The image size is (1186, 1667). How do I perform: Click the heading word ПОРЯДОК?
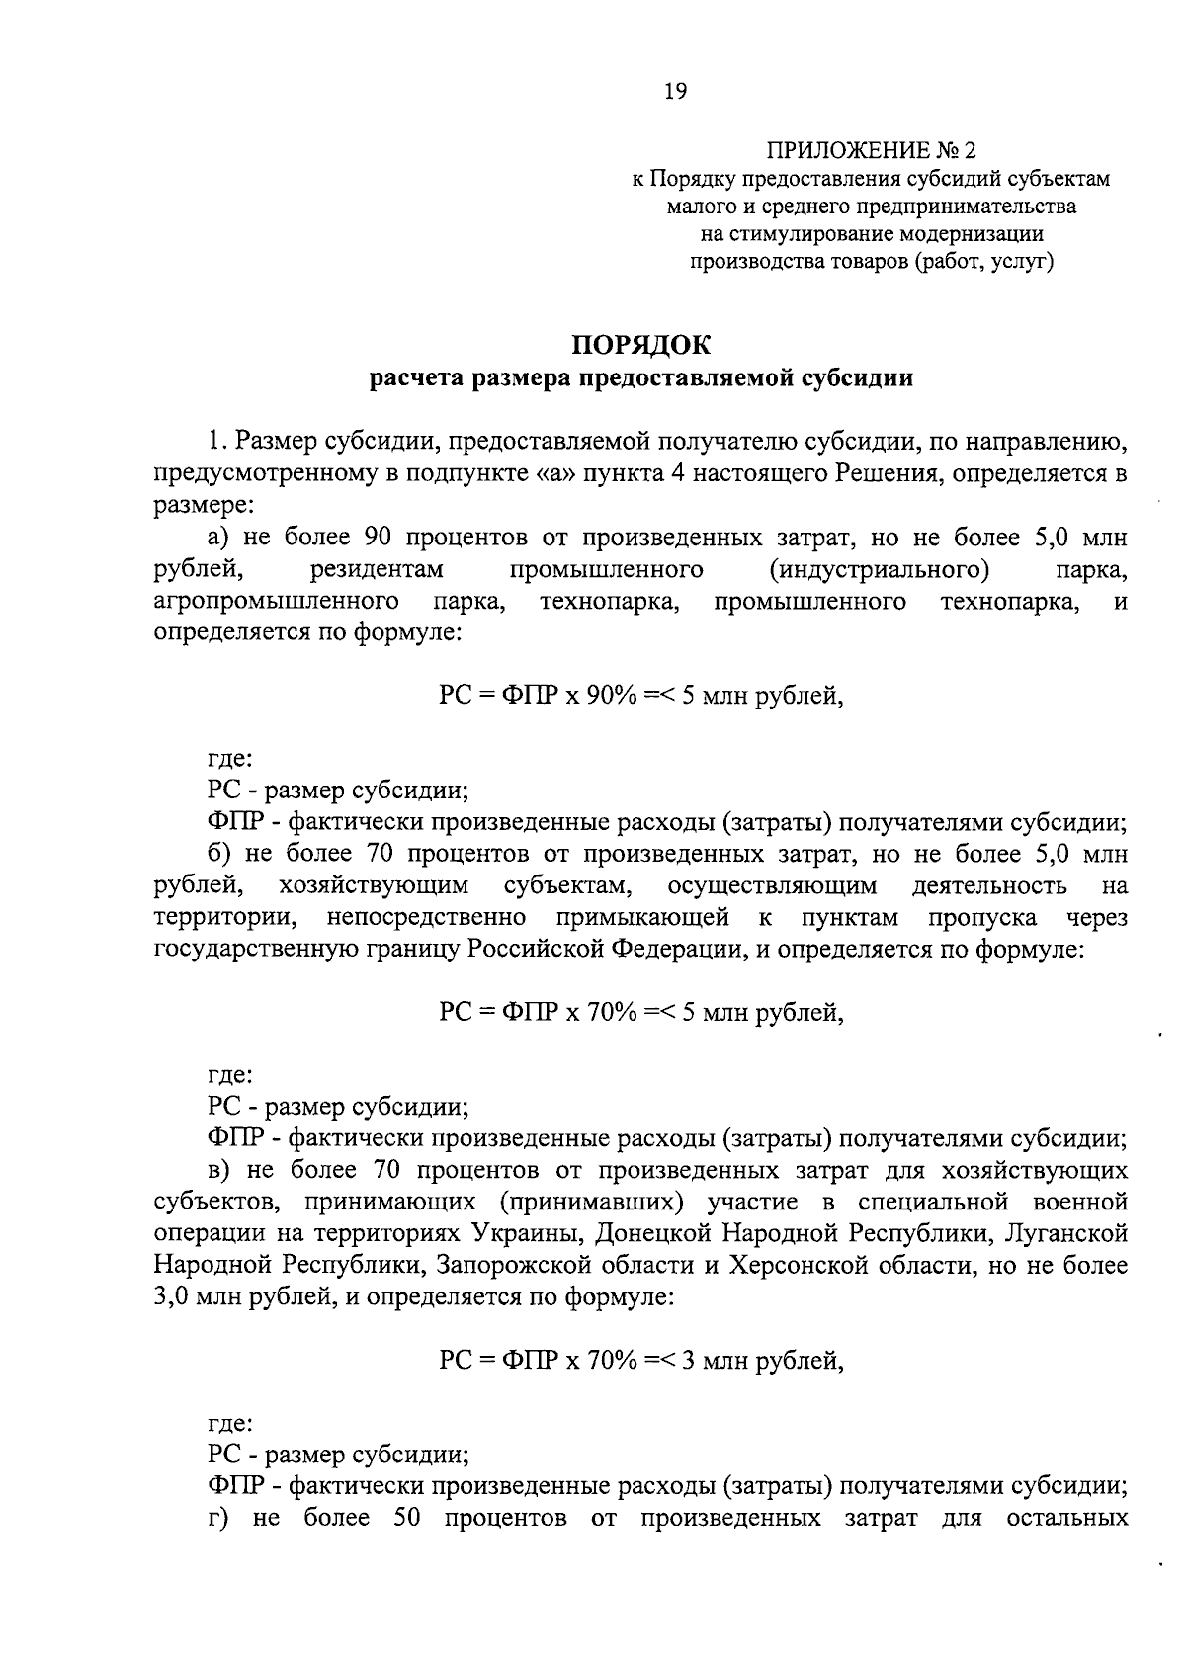pyautogui.click(x=641, y=345)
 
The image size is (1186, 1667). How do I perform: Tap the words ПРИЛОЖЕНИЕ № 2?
pyautogui.click(x=871, y=151)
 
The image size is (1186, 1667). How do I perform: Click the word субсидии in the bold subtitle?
pyautogui.click(x=856, y=378)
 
